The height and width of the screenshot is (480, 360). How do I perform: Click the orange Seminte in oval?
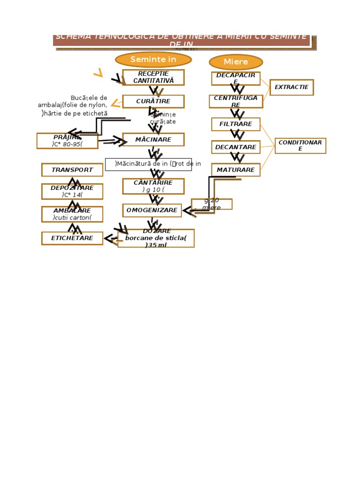(x=153, y=60)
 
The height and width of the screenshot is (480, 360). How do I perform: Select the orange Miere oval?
(x=236, y=62)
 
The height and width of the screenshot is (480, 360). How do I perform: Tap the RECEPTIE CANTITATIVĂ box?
(x=153, y=77)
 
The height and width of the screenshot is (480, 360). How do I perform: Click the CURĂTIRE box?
(x=153, y=101)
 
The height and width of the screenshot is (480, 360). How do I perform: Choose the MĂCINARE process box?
(x=153, y=140)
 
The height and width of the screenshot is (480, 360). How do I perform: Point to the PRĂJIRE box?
(x=67, y=141)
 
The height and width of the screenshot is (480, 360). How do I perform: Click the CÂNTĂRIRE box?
(x=153, y=186)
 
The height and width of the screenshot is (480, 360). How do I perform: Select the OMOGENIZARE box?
(x=152, y=210)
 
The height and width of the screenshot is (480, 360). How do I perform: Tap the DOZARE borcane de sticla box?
(x=156, y=238)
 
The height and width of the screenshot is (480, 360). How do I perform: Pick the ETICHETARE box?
(x=72, y=238)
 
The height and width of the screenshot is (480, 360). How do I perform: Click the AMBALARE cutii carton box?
(x=72, y=214)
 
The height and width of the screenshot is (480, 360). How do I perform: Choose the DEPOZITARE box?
(x=72, y=191)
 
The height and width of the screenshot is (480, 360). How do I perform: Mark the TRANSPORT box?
(x=72, y=170)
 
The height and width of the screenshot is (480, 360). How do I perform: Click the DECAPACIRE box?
(x=236, y=78)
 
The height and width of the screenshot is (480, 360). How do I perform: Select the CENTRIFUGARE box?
(x=236, y=101)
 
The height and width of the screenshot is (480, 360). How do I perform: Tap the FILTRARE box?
(x=236, y=124)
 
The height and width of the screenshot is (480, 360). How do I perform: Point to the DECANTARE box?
(x=236, y=147)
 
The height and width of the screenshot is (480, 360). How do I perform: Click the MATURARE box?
(x=236, y=170)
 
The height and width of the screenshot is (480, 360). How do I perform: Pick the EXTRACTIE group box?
(x=292, y=87)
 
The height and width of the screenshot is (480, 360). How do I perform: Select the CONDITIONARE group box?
(x=300, y=146)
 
